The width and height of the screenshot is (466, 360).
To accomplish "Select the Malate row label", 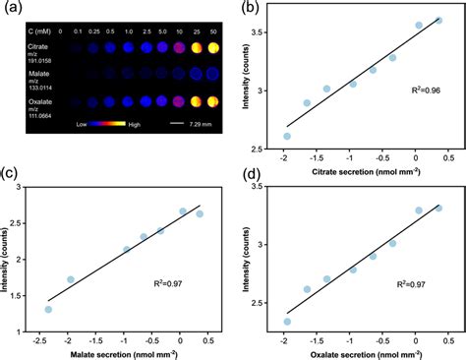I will click(x=28, y=72).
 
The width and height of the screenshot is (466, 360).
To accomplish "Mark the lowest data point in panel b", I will click(x=287, y=137).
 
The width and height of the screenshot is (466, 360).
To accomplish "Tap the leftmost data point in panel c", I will click(x=48, y=310).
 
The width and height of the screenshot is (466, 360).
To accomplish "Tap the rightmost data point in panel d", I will click(x=438, y=208).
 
